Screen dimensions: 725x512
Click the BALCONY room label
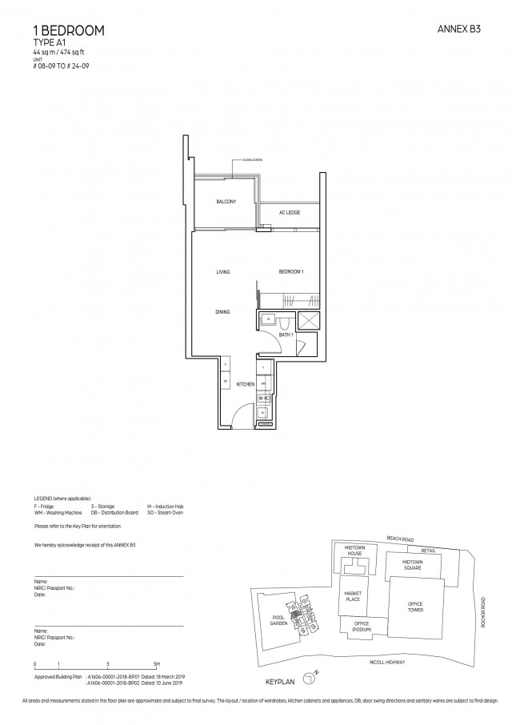[226, 202]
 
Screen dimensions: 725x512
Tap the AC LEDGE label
[289, 213]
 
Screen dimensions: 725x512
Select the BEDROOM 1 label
[290, 272]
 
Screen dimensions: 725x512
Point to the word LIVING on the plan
[223, 272]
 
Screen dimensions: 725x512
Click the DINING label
[222, 311]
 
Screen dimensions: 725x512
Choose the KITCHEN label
[246, 384]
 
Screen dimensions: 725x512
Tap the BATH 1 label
[284, 335]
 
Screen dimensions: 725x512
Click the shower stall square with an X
[308, 319]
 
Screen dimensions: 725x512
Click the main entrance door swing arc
[238, 417]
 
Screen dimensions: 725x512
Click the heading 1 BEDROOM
[61, 30]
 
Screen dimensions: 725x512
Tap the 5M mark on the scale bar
[157, 664]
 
